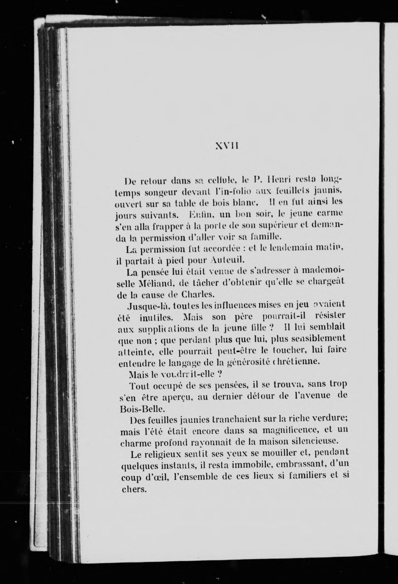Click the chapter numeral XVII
[227, 146]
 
